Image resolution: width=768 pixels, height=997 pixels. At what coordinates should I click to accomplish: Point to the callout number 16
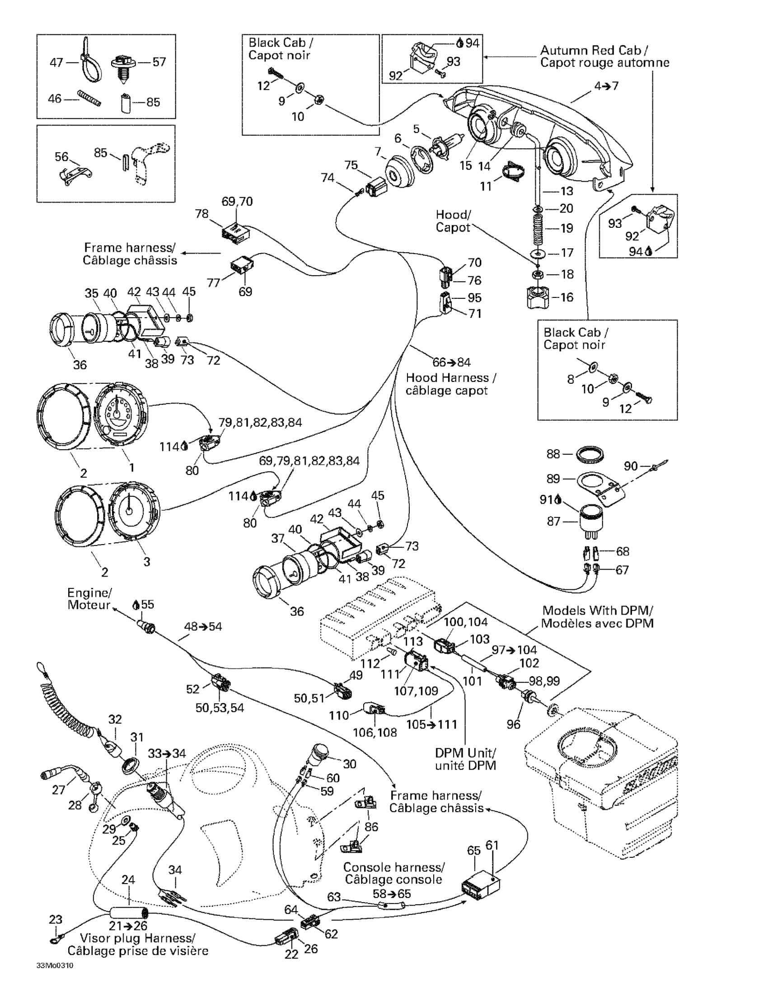567,297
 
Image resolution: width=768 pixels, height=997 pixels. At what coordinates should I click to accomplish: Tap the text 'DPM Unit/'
465,753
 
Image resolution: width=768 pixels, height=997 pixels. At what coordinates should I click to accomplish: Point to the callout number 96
513,724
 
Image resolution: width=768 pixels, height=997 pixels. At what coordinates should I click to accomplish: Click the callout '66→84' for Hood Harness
451,362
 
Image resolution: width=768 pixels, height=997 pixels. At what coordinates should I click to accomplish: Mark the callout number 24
128,879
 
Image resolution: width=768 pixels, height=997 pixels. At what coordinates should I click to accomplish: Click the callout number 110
338,715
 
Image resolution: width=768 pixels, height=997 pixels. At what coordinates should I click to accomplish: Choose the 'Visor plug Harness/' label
137,938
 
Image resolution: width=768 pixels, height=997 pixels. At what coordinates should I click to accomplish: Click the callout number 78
201,213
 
